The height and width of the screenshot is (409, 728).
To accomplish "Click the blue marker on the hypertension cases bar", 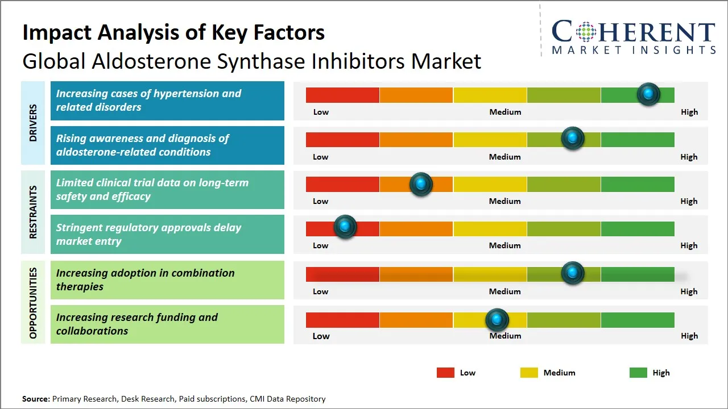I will point(648,94).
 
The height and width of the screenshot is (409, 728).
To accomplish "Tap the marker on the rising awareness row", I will point(573,138).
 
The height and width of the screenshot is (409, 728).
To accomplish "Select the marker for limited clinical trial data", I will point(421,183).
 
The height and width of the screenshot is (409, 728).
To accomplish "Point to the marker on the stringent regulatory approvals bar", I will point(345,227).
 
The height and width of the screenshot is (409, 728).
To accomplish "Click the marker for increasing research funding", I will point(497,320).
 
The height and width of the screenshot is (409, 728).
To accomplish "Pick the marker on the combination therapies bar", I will point(573,273).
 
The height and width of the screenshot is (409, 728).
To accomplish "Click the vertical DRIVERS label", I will point(32,123).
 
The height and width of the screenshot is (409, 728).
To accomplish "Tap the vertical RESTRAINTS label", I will point(32,212).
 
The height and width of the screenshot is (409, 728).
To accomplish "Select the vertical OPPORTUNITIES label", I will point(32,303).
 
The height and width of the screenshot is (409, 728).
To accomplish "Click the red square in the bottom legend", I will point(445,373).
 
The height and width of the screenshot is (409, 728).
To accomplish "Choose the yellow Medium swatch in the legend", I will point(529,373).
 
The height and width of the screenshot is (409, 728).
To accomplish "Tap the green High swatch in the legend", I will point(638,373).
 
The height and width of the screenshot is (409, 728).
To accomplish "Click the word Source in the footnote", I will point(36,399).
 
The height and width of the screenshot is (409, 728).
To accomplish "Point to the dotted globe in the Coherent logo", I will point(586,32).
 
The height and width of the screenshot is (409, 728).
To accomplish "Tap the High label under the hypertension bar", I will point(689,112).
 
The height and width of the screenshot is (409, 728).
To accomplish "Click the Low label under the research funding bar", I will point(321,336).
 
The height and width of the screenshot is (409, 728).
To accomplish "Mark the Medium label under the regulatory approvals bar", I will point(505,245).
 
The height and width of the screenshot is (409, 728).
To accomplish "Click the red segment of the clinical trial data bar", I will point(342,184).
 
